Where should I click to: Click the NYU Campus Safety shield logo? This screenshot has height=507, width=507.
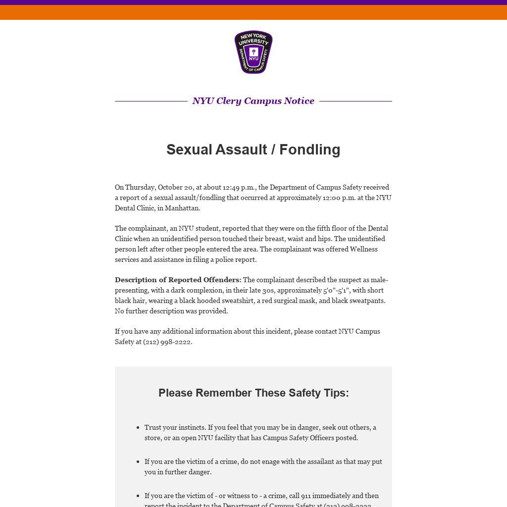tap(253, 52)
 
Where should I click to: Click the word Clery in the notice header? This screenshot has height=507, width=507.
tap(229, 101)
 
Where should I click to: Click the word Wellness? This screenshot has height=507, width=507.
tap(364, 249)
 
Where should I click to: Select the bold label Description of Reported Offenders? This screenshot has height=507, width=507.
tap(178, 280)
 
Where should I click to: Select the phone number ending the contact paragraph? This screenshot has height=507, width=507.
tap(167, 342)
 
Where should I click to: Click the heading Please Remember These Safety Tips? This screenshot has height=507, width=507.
tap(253, 393)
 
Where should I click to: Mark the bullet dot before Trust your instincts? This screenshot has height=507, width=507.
tap(137, 427)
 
